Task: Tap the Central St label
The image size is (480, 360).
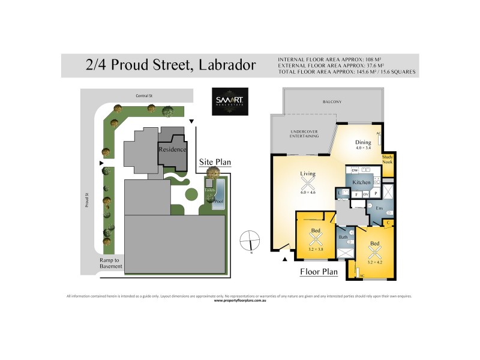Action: [146, 95]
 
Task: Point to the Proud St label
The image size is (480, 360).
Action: [86, 200]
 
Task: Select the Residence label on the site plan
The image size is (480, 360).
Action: [172, 149]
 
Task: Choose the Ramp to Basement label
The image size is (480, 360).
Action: [111, 263]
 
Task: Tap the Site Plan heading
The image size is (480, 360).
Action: [215, 162]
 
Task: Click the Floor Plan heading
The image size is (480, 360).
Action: [319, 271]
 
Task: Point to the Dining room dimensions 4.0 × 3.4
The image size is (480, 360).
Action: [364, 147]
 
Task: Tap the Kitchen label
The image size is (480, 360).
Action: [361, 182]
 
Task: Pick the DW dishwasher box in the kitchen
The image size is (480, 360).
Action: [355, 170]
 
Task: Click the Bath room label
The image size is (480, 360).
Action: [343, 237]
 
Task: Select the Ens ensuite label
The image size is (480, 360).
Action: [379, 207]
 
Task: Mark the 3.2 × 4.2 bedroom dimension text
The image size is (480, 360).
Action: [375, 262]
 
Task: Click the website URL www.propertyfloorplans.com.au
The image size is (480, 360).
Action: [240, 300]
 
